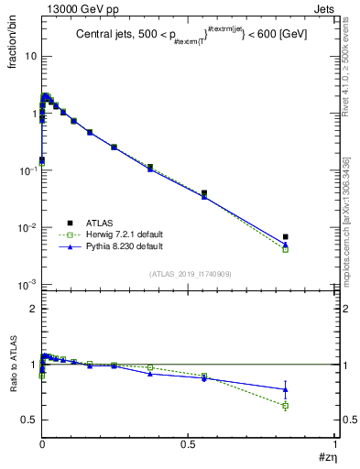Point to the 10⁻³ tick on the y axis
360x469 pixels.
pyautogui.click(x=27, y=285)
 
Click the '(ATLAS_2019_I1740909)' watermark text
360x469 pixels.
pyautogui.click(x=190, y=275)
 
